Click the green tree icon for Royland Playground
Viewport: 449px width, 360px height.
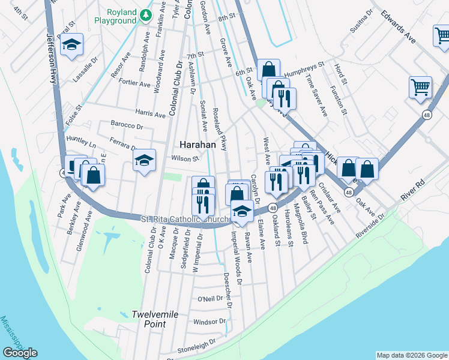coord(145,14)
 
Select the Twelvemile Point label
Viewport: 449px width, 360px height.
coord(149,319)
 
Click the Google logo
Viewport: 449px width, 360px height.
coord(20,353)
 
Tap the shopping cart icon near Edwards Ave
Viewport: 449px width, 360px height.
coord(420,86)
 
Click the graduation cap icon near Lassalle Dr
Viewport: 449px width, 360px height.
coord(72,45)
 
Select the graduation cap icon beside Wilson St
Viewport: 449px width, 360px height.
coord(144,160)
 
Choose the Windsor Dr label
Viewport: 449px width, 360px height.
coord(209,322)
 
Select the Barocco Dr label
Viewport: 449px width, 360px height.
coord(126,126)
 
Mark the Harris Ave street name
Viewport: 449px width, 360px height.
coord(150,113)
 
